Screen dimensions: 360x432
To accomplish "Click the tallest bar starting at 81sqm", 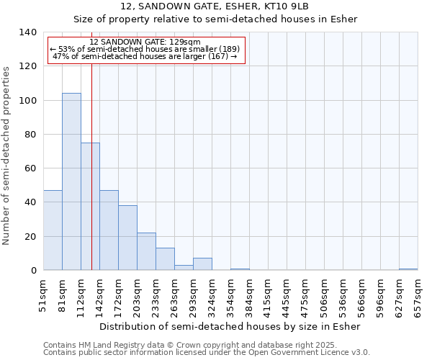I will pyautogui.click(x=71, y=181).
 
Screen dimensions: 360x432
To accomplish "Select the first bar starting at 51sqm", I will pyautogui.click(x=53, y=230).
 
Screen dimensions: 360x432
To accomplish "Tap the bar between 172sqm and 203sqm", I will pyautogui.click(x=127, y=238).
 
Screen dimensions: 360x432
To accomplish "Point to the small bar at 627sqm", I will pyautogui.click(x=408, y=269).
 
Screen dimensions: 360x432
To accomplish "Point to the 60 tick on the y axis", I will pyautogui.click(x=30, y=168).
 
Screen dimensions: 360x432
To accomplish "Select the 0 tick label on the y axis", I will pyautogui.click(x=33, y=271).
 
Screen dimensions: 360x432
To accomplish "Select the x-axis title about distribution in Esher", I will pyautogui.click(x=229, y=326).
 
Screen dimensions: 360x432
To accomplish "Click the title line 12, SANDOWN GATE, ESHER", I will pyautogui.click(x=215, y=6).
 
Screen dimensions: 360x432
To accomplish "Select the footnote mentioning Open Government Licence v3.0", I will pyautogui.click(x=207, y=353).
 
